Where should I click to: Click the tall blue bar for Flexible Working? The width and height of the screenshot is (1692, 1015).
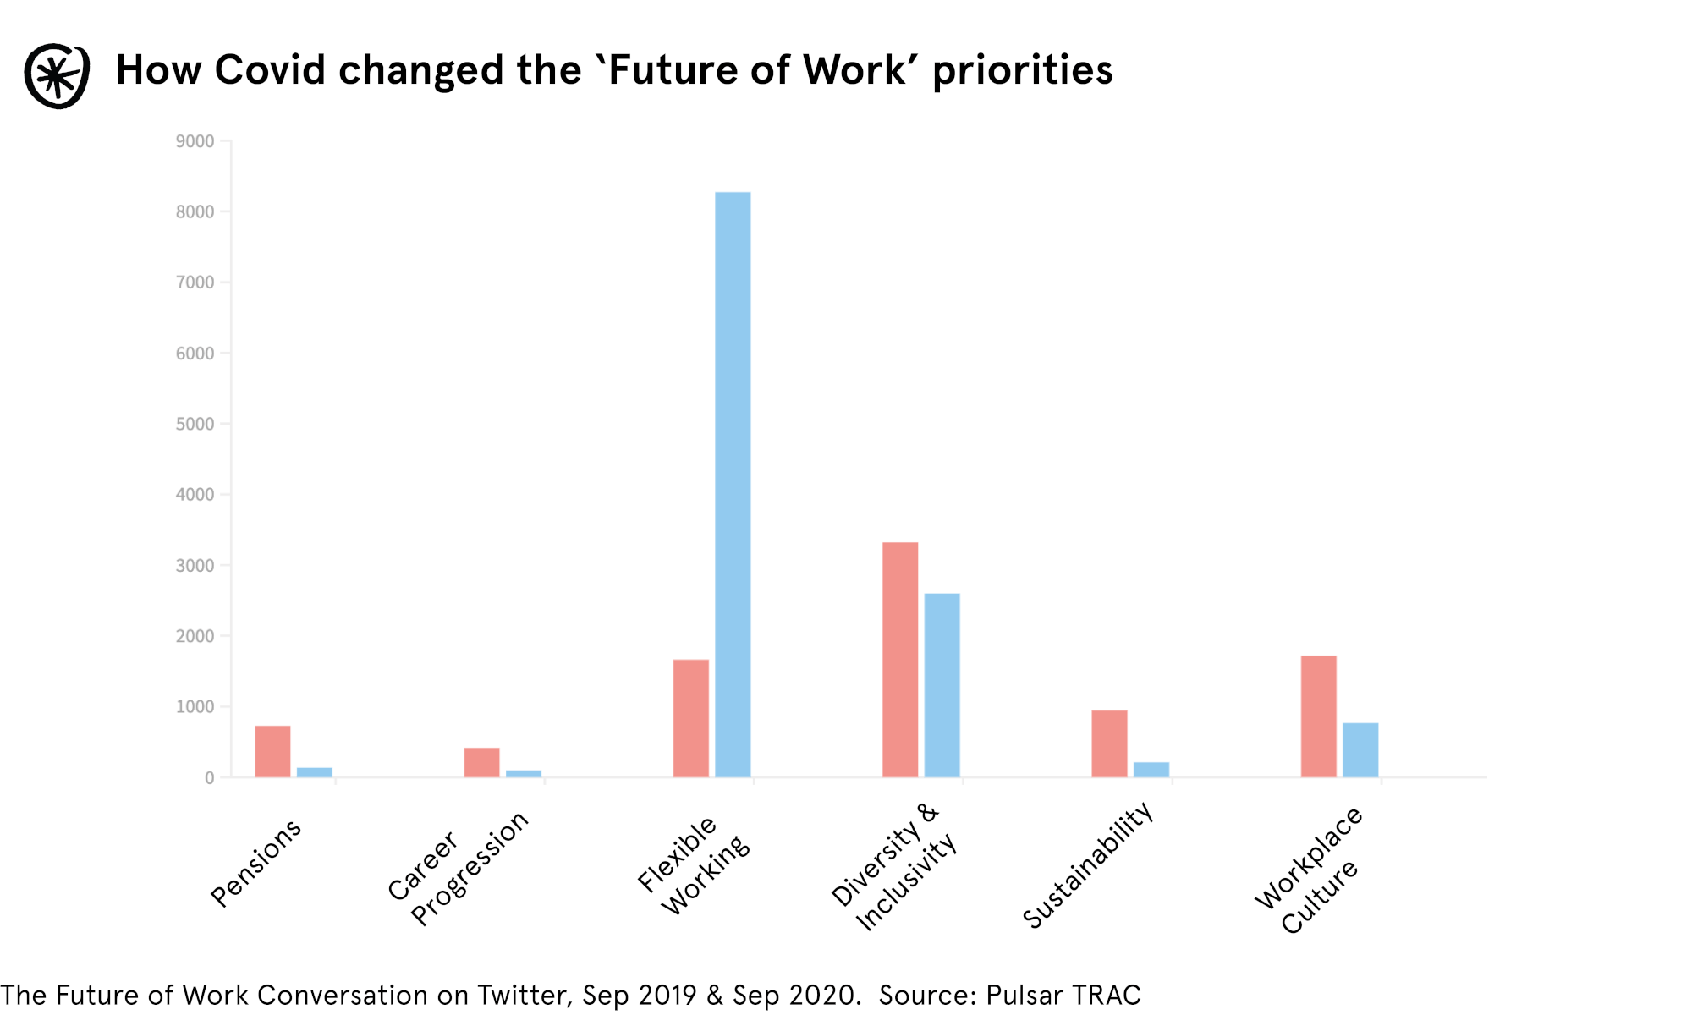(x=733, y=484)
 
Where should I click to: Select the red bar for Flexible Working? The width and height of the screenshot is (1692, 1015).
(x=690, y=718)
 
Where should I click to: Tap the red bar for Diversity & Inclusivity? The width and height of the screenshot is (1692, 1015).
(x=900, y=660)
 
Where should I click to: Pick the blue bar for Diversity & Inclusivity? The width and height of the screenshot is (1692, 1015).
(x=942, y=685)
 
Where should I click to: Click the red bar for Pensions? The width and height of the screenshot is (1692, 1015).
(x=272, y=751)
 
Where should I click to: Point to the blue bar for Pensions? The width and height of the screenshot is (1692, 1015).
(x=315, y=772)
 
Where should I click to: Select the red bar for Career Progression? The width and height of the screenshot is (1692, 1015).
(x=481, y=762)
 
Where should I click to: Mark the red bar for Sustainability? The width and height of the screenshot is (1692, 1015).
(x=1109, y=743)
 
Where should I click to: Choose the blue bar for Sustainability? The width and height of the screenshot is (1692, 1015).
(x=1151, y=770)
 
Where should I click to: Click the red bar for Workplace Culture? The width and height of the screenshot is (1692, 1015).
(x=1318, y=716)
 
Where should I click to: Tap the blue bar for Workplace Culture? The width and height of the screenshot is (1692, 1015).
(x=1360, y=749)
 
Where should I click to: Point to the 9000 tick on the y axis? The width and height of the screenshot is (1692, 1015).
(x=195, y=141)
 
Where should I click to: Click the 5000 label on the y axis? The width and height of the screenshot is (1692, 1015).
(x=195, y=424)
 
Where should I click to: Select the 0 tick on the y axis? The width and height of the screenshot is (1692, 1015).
(x=209, y=778)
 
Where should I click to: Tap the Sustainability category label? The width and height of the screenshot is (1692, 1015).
(x=1088, y=864)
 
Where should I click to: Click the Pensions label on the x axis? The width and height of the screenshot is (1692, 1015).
(x=255, y=863)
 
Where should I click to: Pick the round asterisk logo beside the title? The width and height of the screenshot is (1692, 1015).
(x=57, y=76)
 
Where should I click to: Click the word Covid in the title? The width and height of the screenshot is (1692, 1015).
(x=270, y=69)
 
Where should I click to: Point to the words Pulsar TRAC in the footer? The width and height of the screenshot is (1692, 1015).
(x=1063, y=996)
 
